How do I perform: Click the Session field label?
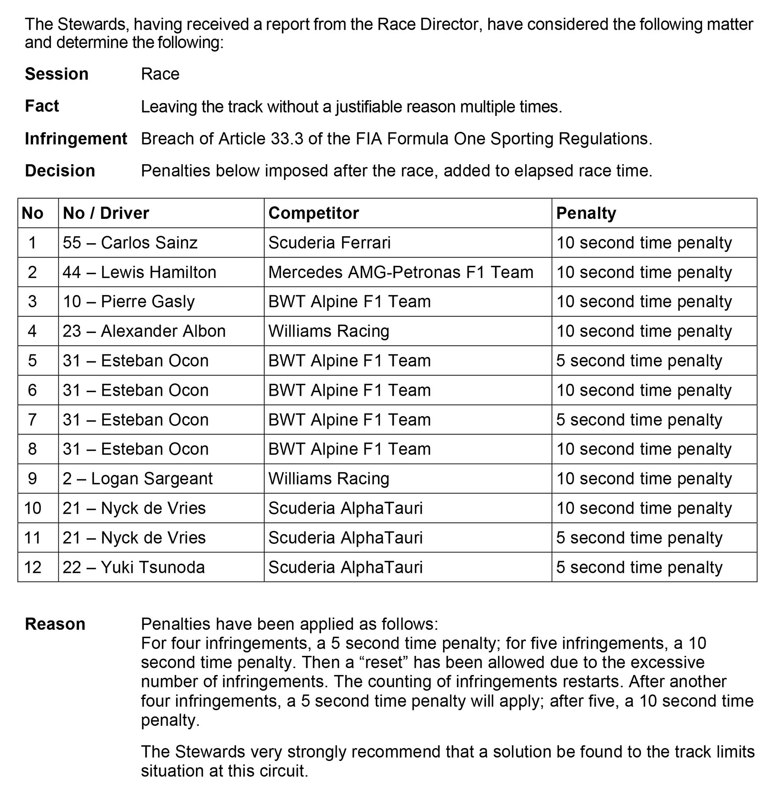click(x=57, y=74)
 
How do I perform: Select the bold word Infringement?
click(x=76, y=139)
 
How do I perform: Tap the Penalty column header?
click(x=586, y=213)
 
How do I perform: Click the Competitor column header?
click(x=313, y=213)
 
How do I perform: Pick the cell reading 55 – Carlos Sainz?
click(x=130, y=243)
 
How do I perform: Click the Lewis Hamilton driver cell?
click(x=139, y=273)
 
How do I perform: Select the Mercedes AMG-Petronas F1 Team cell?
click(x=400, y=273)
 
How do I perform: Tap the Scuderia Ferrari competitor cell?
click(x=329, y=243)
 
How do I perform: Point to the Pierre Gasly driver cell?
click(x=128, y=302)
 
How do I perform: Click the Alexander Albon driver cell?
click(x=144, y=331)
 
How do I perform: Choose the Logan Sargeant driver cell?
click(x=137, y=479)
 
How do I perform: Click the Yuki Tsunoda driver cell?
click(x=134, y=567)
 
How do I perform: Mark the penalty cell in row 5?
click(x=639, y=361)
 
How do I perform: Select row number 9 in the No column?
click(x=32, y=479)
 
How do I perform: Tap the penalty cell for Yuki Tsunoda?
click(x=639, y=567)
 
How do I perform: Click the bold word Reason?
click(x=55, y=624)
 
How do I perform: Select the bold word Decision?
click(x=60, y=171)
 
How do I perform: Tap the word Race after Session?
click(x=160, y=74)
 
